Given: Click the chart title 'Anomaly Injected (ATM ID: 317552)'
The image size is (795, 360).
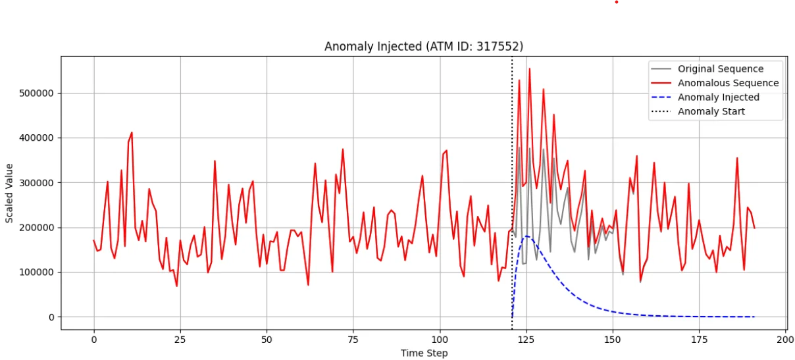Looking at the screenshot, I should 424,47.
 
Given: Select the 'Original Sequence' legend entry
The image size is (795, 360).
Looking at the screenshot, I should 721,69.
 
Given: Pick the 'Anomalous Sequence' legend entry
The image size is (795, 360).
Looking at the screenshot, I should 728,83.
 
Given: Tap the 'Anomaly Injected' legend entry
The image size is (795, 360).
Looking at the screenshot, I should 718,97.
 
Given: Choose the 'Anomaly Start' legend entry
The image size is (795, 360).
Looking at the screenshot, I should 711,111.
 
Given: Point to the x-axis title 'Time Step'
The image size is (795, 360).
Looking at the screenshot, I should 424,353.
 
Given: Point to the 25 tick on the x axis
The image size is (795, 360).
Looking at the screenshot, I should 180,339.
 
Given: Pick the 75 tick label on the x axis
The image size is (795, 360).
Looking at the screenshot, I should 353,339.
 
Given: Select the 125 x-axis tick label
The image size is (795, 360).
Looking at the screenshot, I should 526,339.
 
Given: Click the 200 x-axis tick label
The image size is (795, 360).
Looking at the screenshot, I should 786,339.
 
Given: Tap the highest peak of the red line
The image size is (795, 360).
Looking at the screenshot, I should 529,68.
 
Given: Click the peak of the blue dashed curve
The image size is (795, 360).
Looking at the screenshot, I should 526,236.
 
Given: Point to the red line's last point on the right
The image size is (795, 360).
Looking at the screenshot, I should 754,228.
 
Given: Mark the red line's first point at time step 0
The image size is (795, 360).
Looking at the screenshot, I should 94,241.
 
